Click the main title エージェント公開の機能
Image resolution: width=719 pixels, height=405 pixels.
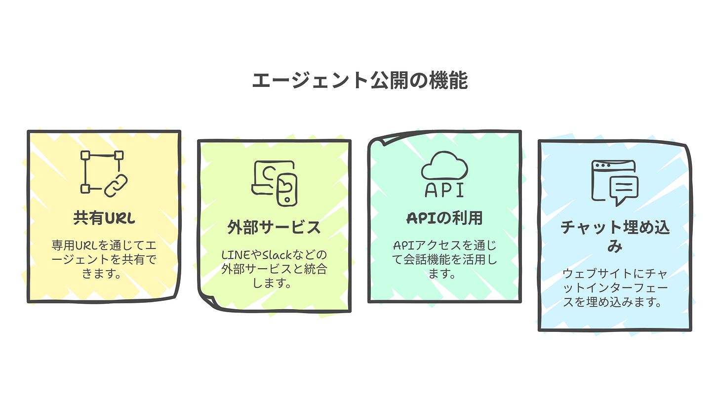359,81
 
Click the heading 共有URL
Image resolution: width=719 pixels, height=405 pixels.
104,218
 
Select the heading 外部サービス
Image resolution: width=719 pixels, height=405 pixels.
274,228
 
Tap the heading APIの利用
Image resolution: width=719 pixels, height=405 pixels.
444,218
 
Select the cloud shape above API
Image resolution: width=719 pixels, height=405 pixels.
444,166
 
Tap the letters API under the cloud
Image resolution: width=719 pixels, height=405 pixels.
444,190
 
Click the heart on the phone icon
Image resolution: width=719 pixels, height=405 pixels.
286,186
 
